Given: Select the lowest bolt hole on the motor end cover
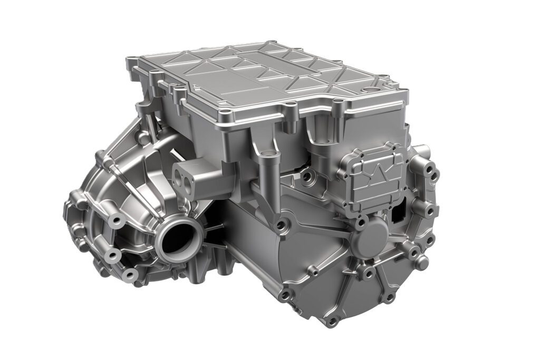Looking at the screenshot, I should (333, 320).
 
